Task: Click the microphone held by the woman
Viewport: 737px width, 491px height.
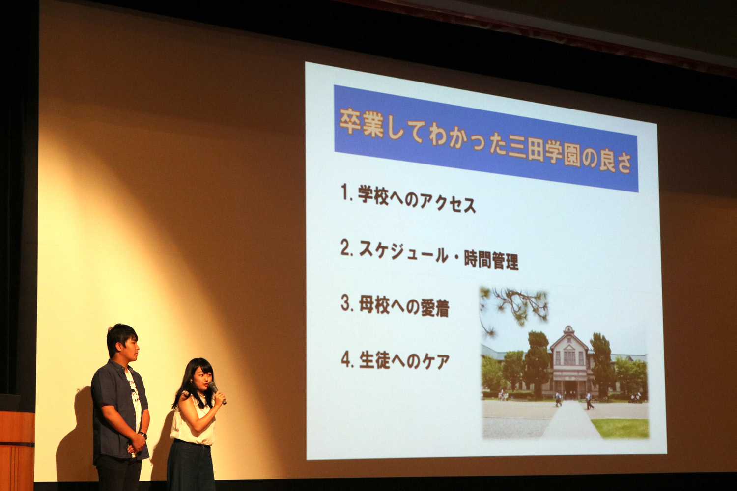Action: click(217, 392)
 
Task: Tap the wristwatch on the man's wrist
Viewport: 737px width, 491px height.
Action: click(143, 435)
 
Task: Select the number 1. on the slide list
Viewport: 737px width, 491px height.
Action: click(347, 193)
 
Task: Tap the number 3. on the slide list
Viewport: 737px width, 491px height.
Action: click(347, 303)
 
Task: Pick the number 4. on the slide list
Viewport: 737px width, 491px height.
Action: click(347, 359)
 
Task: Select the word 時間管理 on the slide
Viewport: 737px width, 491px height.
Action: click(491, 260)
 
